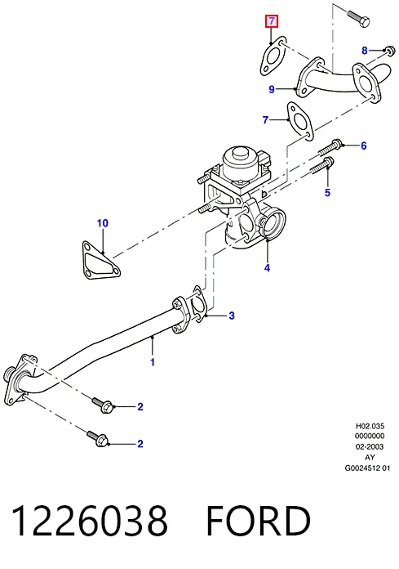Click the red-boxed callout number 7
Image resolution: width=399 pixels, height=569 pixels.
271,22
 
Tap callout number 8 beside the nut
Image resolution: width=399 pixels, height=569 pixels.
365,51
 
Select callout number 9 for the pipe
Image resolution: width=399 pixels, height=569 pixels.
272,89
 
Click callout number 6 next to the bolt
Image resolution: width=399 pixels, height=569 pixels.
364,146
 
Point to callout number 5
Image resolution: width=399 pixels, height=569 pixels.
327,192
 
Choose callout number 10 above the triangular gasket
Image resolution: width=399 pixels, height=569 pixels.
103,223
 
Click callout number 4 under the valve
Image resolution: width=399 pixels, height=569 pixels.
267,268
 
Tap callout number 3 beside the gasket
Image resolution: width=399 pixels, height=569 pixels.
232,316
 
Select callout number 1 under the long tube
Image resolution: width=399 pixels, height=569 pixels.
153,362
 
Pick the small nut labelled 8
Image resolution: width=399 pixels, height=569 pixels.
389,51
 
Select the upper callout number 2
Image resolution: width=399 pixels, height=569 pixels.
140,407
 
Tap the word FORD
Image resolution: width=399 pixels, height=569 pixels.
259,521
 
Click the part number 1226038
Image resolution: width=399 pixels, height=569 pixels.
90,521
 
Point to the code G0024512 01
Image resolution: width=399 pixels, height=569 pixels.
367,468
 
